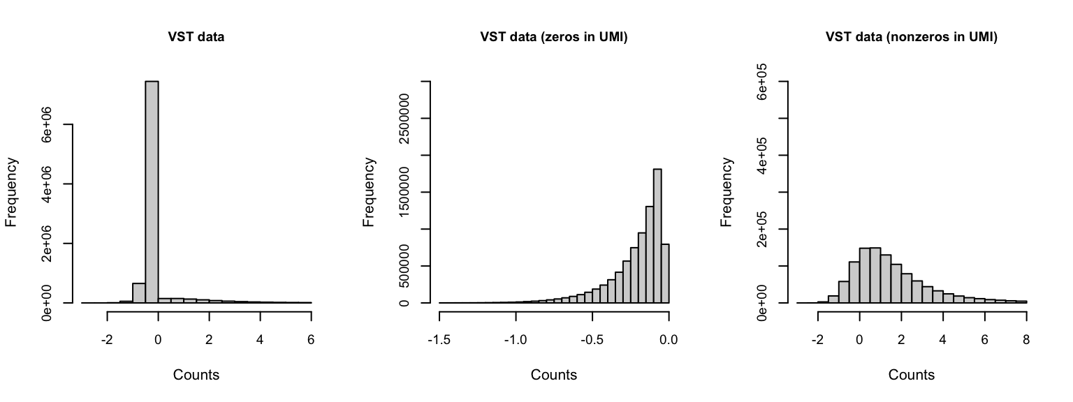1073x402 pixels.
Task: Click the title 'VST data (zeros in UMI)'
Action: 554,38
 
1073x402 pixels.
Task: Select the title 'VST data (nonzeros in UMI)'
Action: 911,38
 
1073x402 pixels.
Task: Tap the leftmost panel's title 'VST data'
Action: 196,38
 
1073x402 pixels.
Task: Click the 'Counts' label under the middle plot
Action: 554,375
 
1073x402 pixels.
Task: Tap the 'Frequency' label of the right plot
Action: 727,192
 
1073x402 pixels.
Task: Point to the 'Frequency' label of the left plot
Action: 12,192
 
